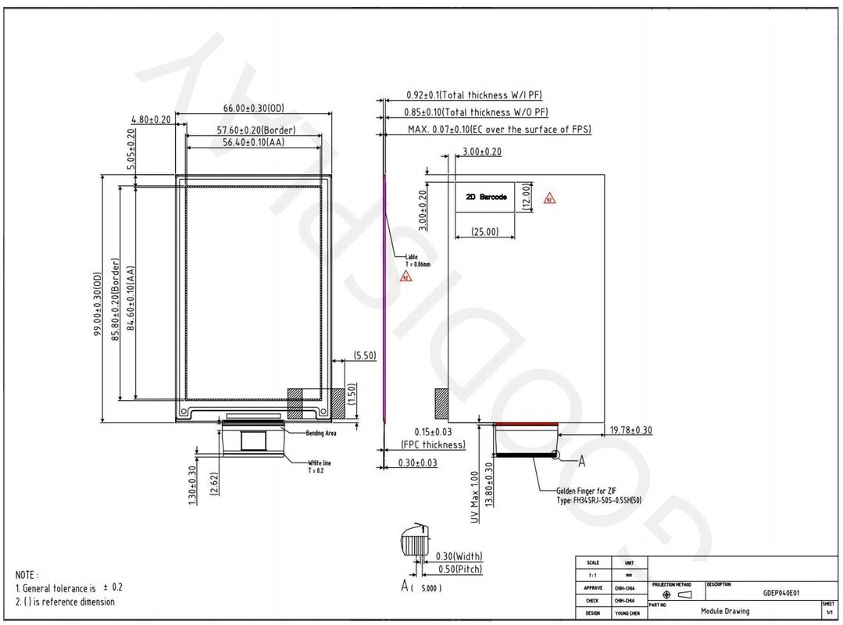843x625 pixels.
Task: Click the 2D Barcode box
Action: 486,197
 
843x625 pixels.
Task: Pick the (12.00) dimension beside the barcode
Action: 527,197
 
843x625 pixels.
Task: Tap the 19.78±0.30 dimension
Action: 630,430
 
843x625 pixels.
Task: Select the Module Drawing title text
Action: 724,611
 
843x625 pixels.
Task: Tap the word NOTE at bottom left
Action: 27,574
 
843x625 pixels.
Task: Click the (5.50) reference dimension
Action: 365,355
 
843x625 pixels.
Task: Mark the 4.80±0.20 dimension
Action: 152,120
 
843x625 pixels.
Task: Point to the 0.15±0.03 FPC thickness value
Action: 433,431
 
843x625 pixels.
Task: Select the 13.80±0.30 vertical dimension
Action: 489,487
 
